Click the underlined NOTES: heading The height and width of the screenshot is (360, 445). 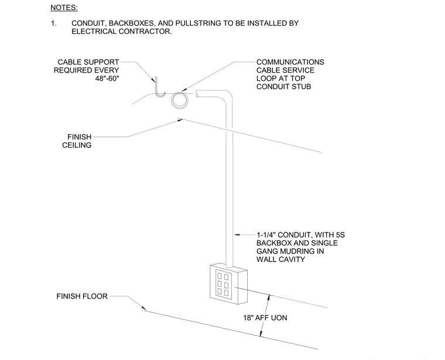(64, 8)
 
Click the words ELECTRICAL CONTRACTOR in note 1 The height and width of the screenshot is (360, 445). (121, 32)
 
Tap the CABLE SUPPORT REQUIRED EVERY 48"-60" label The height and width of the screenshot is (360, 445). (86, 70)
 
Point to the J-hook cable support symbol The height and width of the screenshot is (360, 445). (159, 88)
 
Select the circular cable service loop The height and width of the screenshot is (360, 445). (179, 100)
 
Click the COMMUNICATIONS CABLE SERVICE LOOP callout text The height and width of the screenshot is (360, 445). (290, 74)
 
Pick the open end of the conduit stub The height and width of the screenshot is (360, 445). (197, 94)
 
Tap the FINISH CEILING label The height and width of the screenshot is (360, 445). (77, 141)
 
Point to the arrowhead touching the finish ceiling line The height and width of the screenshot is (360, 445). (180, 120)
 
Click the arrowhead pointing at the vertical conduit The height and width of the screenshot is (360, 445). (237, 235)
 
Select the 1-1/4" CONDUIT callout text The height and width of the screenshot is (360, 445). (300, 247)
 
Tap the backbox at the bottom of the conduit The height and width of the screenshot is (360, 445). (228, 284)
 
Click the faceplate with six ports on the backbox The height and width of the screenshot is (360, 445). (222, 284)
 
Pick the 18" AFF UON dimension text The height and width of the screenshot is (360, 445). (265, 318)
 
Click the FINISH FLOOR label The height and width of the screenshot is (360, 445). (82, 296)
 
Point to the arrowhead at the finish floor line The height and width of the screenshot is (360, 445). (143, 308)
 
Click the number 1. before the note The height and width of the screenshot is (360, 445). (54, 23)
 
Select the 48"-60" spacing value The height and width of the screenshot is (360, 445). (107, 78)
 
